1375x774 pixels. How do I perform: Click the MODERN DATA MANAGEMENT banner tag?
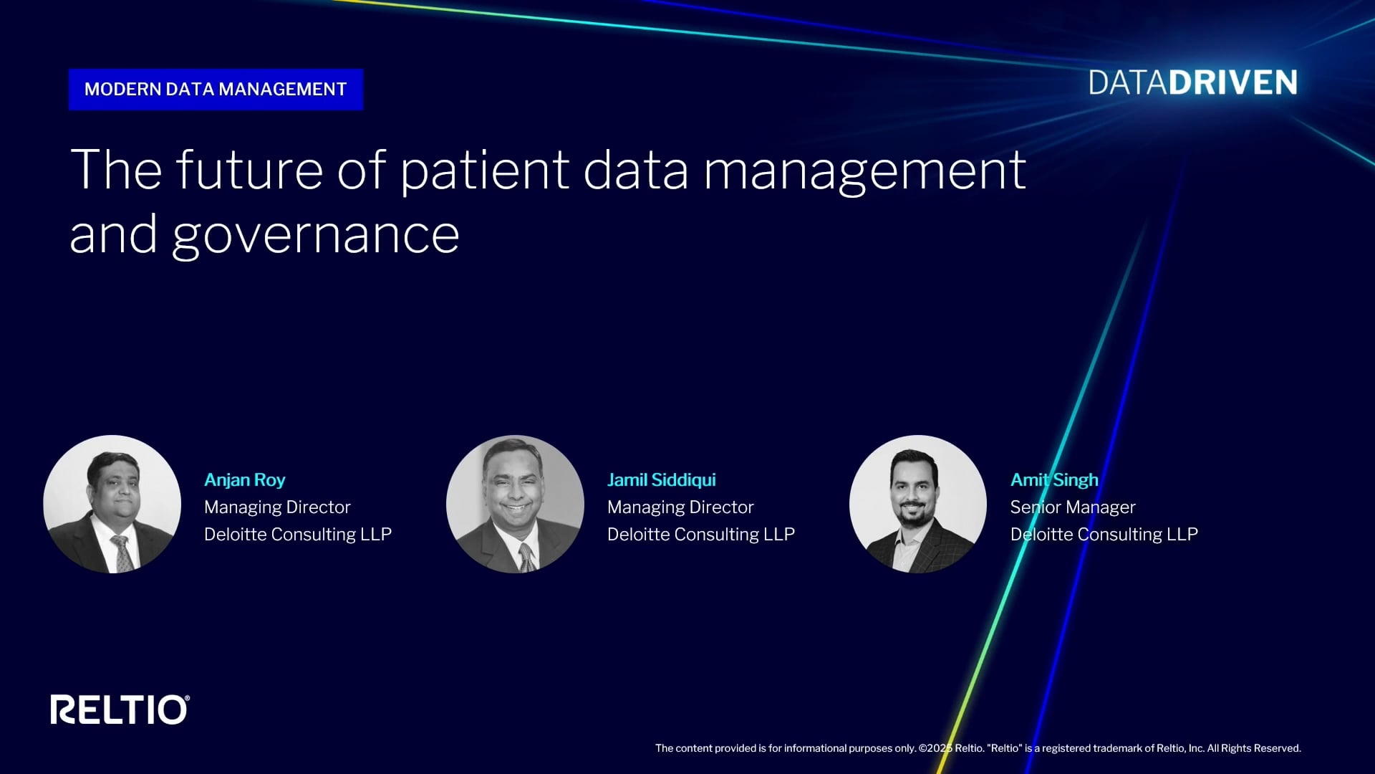point(216,90)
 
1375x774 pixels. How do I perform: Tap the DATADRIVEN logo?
point(1193,83)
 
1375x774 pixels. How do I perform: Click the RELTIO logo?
point(120,709)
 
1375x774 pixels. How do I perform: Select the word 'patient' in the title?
point(484,171)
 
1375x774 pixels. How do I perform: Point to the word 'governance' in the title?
point(316,235)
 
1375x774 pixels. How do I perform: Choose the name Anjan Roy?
point(245,480)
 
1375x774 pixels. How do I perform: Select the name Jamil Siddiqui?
point(662,480)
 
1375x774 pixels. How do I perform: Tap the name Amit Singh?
point(1054,480)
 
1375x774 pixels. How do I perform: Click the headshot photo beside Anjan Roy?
point(112,504)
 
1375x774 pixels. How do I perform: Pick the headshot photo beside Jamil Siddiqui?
point(515,504)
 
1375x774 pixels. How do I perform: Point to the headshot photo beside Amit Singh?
point(918,504)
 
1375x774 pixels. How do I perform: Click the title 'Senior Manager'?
point(1073,507)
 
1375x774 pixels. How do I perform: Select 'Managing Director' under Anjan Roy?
point(277,507)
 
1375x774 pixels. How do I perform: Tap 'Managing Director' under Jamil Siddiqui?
point(680,507)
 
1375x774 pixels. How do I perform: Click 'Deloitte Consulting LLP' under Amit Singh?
point(1104,535)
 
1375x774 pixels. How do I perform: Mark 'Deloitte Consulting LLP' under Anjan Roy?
point(298,535)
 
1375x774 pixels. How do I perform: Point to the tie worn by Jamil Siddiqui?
point(526,557)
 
